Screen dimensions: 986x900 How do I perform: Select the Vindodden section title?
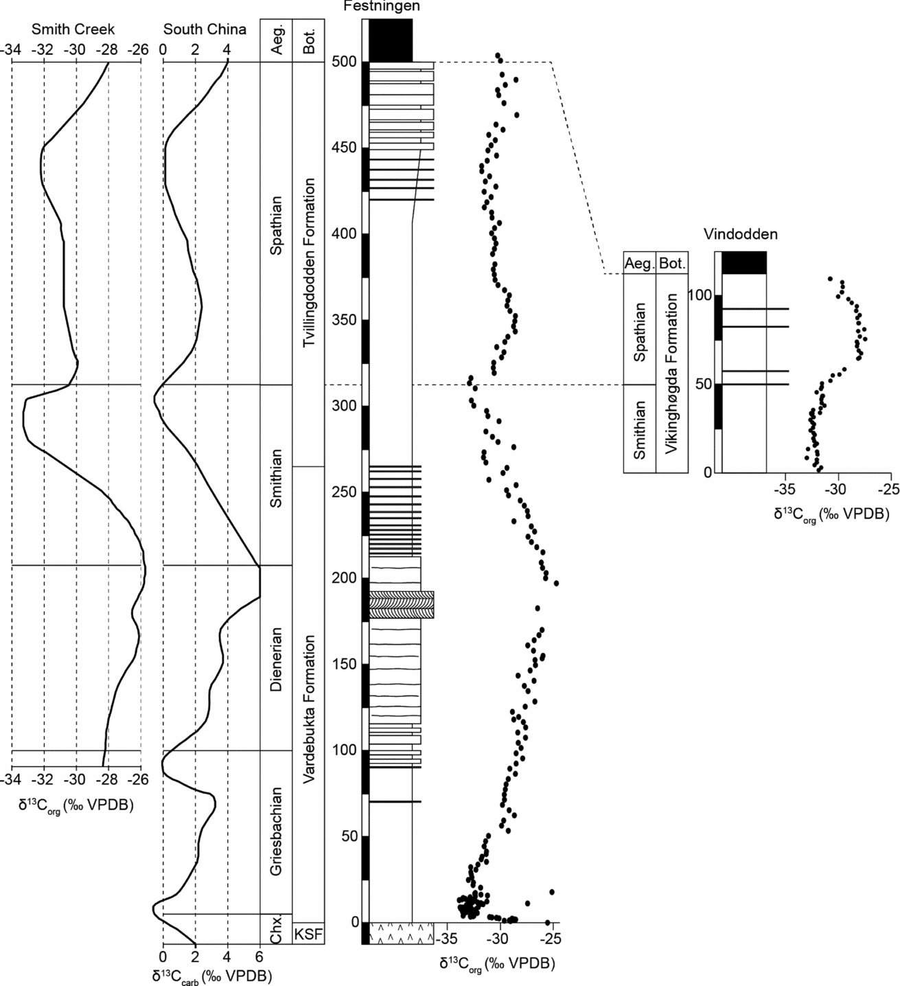tap(740, 234)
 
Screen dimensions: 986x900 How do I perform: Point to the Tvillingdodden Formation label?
tap(309, 262)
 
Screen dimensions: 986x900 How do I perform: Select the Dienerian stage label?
tap(276, 658)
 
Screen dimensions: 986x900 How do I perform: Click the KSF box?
tap(308, 934)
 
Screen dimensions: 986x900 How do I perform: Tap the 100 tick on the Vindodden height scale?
tap(700, 295)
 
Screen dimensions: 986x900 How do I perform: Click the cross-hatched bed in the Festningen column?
tap(402, 604)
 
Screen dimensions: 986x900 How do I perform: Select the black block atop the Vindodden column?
tap(743, 263)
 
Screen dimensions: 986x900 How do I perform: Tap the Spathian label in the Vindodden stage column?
tap(640, 332)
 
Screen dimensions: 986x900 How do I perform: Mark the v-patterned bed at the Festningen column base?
tap(402, 933)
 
